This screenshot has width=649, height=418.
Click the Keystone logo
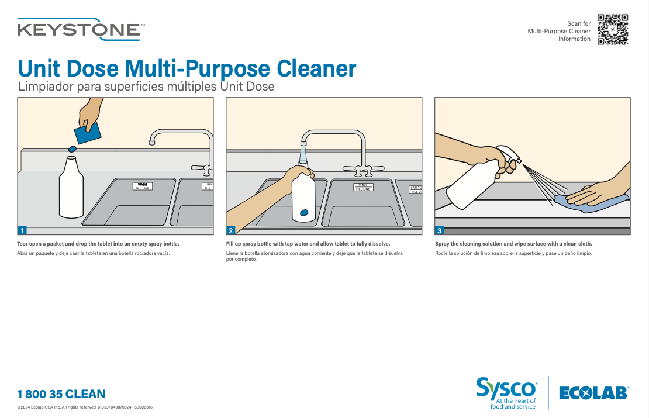pyautogui.click(x=81, y=29)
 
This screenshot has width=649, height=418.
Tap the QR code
pyautogui.click(x=613, y=29)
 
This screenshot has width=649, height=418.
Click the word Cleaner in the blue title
pyautogui.click(x=316, y=68)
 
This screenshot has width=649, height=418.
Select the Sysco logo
pyautogui.click(x=506, y=393)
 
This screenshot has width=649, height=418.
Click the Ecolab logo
pyautogui.click(x=594, y=393)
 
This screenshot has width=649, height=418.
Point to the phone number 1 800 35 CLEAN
pyautogui.click(x=61, y=394)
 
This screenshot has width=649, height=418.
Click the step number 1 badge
pyautogui.click(x=22, y=230)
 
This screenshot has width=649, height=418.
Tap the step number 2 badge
pyautogui.click(x=231, y=230)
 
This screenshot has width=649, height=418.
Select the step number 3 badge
pyautogui.click(x=440, y=230)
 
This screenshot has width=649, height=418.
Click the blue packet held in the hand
pyautogui.click(x=88, y=133)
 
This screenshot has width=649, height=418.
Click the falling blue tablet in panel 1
pyautogui.click(x=72, y=149)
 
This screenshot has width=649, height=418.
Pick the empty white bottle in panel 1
pyautogui.click(x=71, y=187)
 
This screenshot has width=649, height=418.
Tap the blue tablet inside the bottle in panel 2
pyautogui.click(x=304, y=213)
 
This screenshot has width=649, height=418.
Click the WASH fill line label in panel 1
pyautogui.click(x=143, y=186)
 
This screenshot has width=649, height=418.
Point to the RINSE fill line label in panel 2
pyautogui.click(x=363, y=187)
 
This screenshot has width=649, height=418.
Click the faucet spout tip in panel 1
pyautogui.click(x=152, y=143)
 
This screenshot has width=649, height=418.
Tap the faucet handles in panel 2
pyautogui.click(x=364, y=169)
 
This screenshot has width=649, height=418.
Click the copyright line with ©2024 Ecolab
pyautogui.click(x=85, y=407)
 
